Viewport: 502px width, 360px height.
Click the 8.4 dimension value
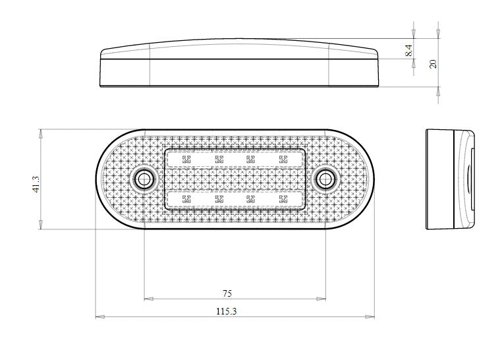[x=409, y=50]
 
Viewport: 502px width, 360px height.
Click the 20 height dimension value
[x=433, y=63]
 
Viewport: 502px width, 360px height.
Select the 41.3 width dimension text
[x=36, y=179]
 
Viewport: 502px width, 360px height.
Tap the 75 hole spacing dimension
[x=227, y=292]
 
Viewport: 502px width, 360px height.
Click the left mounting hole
[x=143, y=179]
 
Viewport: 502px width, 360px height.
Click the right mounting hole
[x=325, y=179]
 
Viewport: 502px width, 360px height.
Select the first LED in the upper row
[x=186, y=159]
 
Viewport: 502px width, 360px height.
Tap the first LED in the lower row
[x=186, y=198]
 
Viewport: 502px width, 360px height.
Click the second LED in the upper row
[x=218, y=159]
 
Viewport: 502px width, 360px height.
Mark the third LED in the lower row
[x=251, y=198]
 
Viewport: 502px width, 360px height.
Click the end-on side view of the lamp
[x=452, y=179]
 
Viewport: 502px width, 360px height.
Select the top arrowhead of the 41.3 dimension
[x=42, y=132]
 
